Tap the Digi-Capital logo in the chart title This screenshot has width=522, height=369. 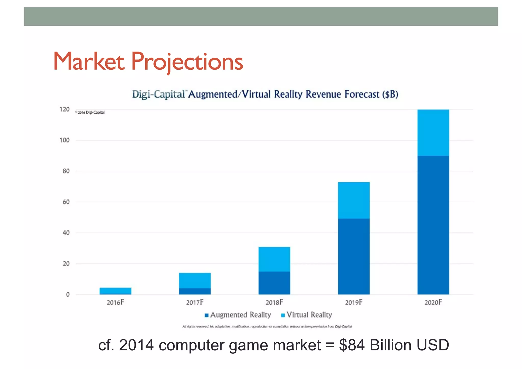tap(159, 94)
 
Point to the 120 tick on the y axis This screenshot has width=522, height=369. tap(64, 109)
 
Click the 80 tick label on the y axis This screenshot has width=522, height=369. tap(66, 171)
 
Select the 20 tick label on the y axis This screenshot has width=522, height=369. tap(66, 264)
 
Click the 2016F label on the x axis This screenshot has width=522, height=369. tap(115, 302)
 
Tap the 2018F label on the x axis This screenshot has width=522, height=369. tap(274, 302)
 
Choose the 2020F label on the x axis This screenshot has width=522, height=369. tap(433, 302)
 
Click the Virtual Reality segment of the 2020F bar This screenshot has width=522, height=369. tap(433, 133)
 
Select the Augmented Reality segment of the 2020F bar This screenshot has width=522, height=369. tap(433, 224)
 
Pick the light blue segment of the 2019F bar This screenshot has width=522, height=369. tap(354, 200)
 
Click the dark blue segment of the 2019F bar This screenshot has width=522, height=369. tap(354, 256)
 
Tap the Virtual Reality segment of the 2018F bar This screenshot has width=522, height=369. tap(274, 259)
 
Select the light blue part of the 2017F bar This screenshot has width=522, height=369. tap(195, 281)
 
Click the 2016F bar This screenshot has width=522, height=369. tap(115, 291)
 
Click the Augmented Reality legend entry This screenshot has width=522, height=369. tap(238, 315)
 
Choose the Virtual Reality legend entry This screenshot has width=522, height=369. tap(307, 315)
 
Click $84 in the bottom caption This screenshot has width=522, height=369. tap(352, 345)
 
